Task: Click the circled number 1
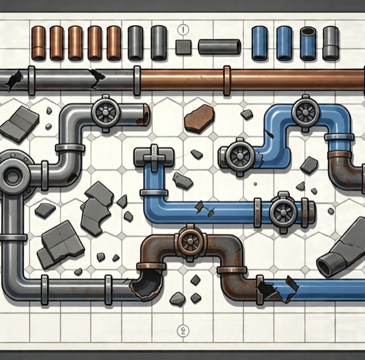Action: click(x=183, y=29)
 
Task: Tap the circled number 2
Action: click(x=183, y=331)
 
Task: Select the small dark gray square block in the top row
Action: click(x=183, y=47)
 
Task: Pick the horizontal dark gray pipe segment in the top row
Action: click(x=219, y=47)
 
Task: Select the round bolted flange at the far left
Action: click(x=14, y=176)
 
